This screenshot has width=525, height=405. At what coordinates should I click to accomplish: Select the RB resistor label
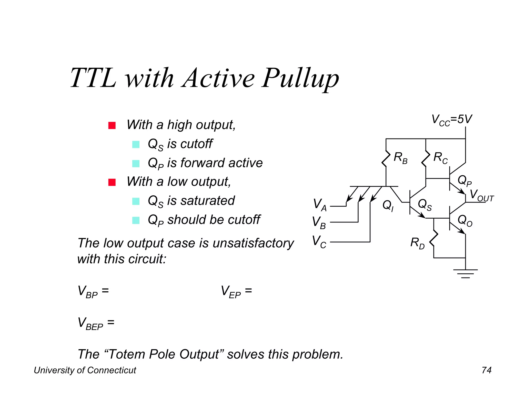click(x=400, y=157)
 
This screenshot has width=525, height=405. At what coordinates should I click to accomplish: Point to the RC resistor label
click(x=440, y=158)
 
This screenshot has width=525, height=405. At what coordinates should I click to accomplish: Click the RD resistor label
click(x=417, y=243)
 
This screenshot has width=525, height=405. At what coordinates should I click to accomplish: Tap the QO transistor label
click(x=465, y=220)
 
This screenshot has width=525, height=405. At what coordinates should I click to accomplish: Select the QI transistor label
click(x=388, y=206)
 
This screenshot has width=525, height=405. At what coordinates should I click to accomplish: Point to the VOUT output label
click(x=481, y=195)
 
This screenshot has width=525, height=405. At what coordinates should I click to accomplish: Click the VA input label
click(x=320, y=205)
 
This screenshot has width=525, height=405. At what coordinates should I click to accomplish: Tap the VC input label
click(x=319, y=242)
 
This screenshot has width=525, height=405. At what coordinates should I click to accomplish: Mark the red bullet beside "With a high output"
click(x=112, y=125)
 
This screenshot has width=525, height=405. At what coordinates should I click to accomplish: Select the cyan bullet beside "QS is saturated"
click(x=136, y=201)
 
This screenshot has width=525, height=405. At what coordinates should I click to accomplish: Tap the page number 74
click(x=486, y=370)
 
